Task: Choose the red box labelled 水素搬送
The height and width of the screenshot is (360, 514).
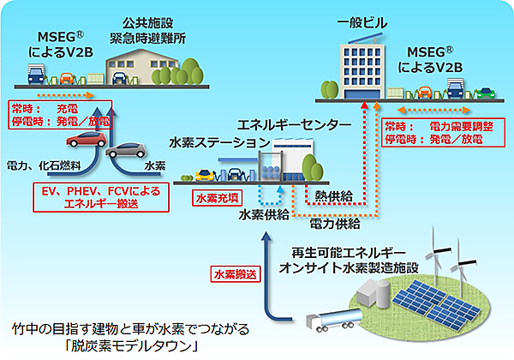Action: click(233, 275)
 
